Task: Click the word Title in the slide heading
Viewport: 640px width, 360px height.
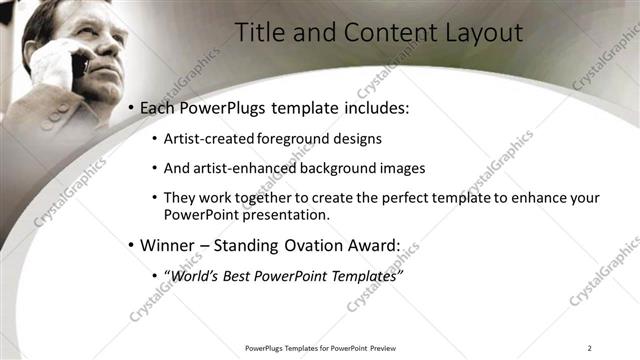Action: tap(258, 32)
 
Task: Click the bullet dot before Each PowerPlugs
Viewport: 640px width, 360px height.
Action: tap(131, 108)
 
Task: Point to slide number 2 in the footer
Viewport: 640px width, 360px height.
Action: tap(590, 348)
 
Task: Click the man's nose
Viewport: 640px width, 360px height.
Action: tap(103, 50)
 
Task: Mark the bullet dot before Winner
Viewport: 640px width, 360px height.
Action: tap(131, 245)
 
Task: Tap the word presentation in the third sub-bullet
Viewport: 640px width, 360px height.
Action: tap(286, 215)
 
